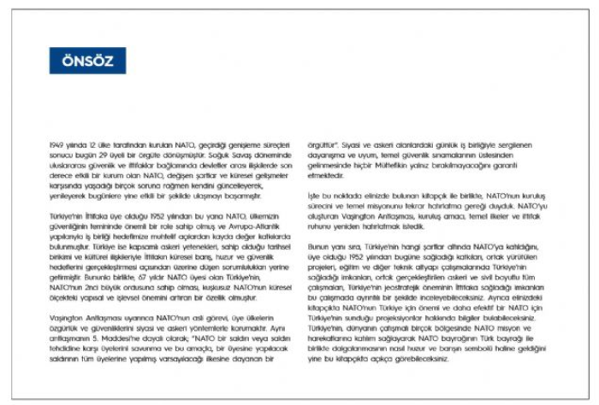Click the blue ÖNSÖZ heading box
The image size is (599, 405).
coord(87,61)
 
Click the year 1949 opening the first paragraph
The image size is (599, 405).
coord(57,147)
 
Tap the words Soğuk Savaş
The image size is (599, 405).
coord(236,154)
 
